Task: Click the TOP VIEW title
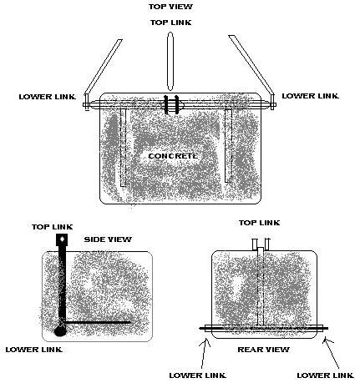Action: point(170,7)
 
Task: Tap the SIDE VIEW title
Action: point(108,239)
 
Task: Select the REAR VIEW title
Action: point(263,350)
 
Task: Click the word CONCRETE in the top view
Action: point(173,156)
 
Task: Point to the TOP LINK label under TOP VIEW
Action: point(170,23)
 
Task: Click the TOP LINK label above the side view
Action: point(53,227)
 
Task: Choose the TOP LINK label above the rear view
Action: point(259,223)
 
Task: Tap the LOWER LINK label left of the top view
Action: point(48,97)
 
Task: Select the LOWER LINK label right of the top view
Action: point(311,96)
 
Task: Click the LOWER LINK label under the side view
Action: point(34,350)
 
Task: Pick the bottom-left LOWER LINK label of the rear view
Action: point(198,375)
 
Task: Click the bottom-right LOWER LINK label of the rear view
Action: point(326,375)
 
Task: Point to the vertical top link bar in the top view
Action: point(170,61)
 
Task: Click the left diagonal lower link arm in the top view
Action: point(104,67)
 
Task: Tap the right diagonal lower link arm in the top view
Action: point(251,64)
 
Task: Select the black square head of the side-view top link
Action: point(62,239)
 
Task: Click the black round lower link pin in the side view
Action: point(60,331)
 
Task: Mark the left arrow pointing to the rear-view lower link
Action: point(204,353)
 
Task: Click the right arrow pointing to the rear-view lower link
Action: point(331,353)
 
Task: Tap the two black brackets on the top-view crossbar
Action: point(171,104)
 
